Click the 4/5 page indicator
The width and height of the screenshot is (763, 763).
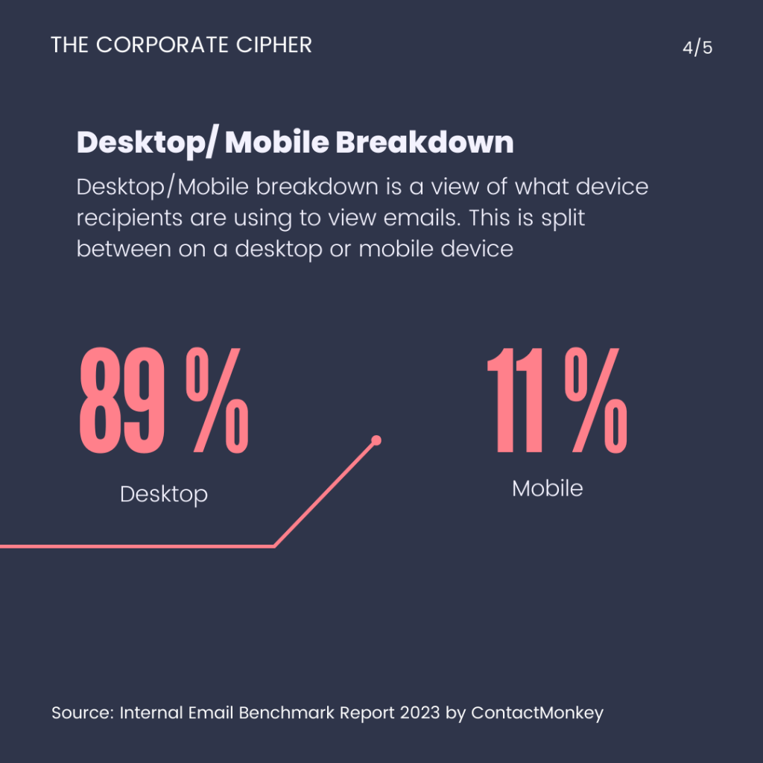point(697,48)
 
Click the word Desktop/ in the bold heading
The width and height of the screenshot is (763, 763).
point(146,142)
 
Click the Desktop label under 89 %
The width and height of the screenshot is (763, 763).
point(164,494)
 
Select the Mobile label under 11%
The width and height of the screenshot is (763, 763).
point(548,489)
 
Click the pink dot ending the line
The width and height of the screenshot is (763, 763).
point(376,440)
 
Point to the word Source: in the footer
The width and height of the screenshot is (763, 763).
point(82,713)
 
